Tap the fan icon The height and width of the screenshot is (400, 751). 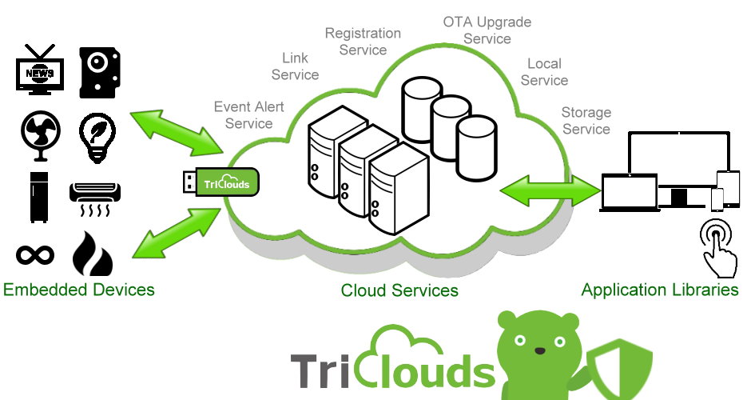click(x=39, y=135)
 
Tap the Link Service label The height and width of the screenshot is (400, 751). click(x=295, y=66)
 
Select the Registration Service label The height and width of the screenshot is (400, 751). click(x=363, y=41)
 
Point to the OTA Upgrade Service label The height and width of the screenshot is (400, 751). click(x=487, y=30)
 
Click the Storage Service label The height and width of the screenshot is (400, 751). click(x=586, y=121)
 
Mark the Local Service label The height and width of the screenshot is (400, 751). click(x=544, y=72)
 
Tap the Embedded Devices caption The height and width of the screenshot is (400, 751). click(x=79, y=289)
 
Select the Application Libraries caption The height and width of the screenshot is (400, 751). click(x=660, y=290)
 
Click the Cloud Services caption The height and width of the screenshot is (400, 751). click(x=399, y=290)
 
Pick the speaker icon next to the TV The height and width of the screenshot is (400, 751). click(x=100, y=73)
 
